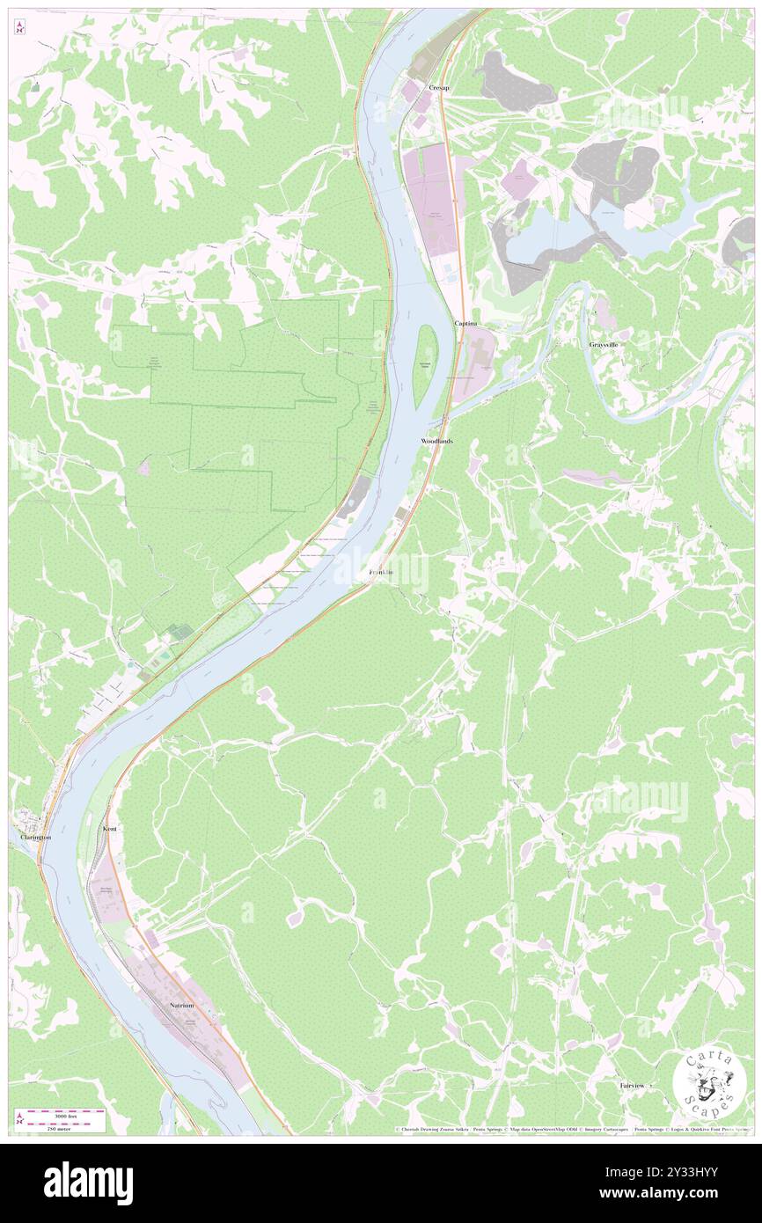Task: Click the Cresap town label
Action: pos(438,89)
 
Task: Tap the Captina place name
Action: pos(465,324)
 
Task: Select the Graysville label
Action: pos(604,344)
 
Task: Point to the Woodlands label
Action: pos(436,440)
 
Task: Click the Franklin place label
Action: pos(381,574)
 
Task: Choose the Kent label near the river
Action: pos(110,829)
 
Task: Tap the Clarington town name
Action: pos(36,838)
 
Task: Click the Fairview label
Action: pos(632,1086)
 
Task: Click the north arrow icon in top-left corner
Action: pos(20,26)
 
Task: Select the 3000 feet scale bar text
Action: pos(66,1113)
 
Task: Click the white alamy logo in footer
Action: pos(88,1183)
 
